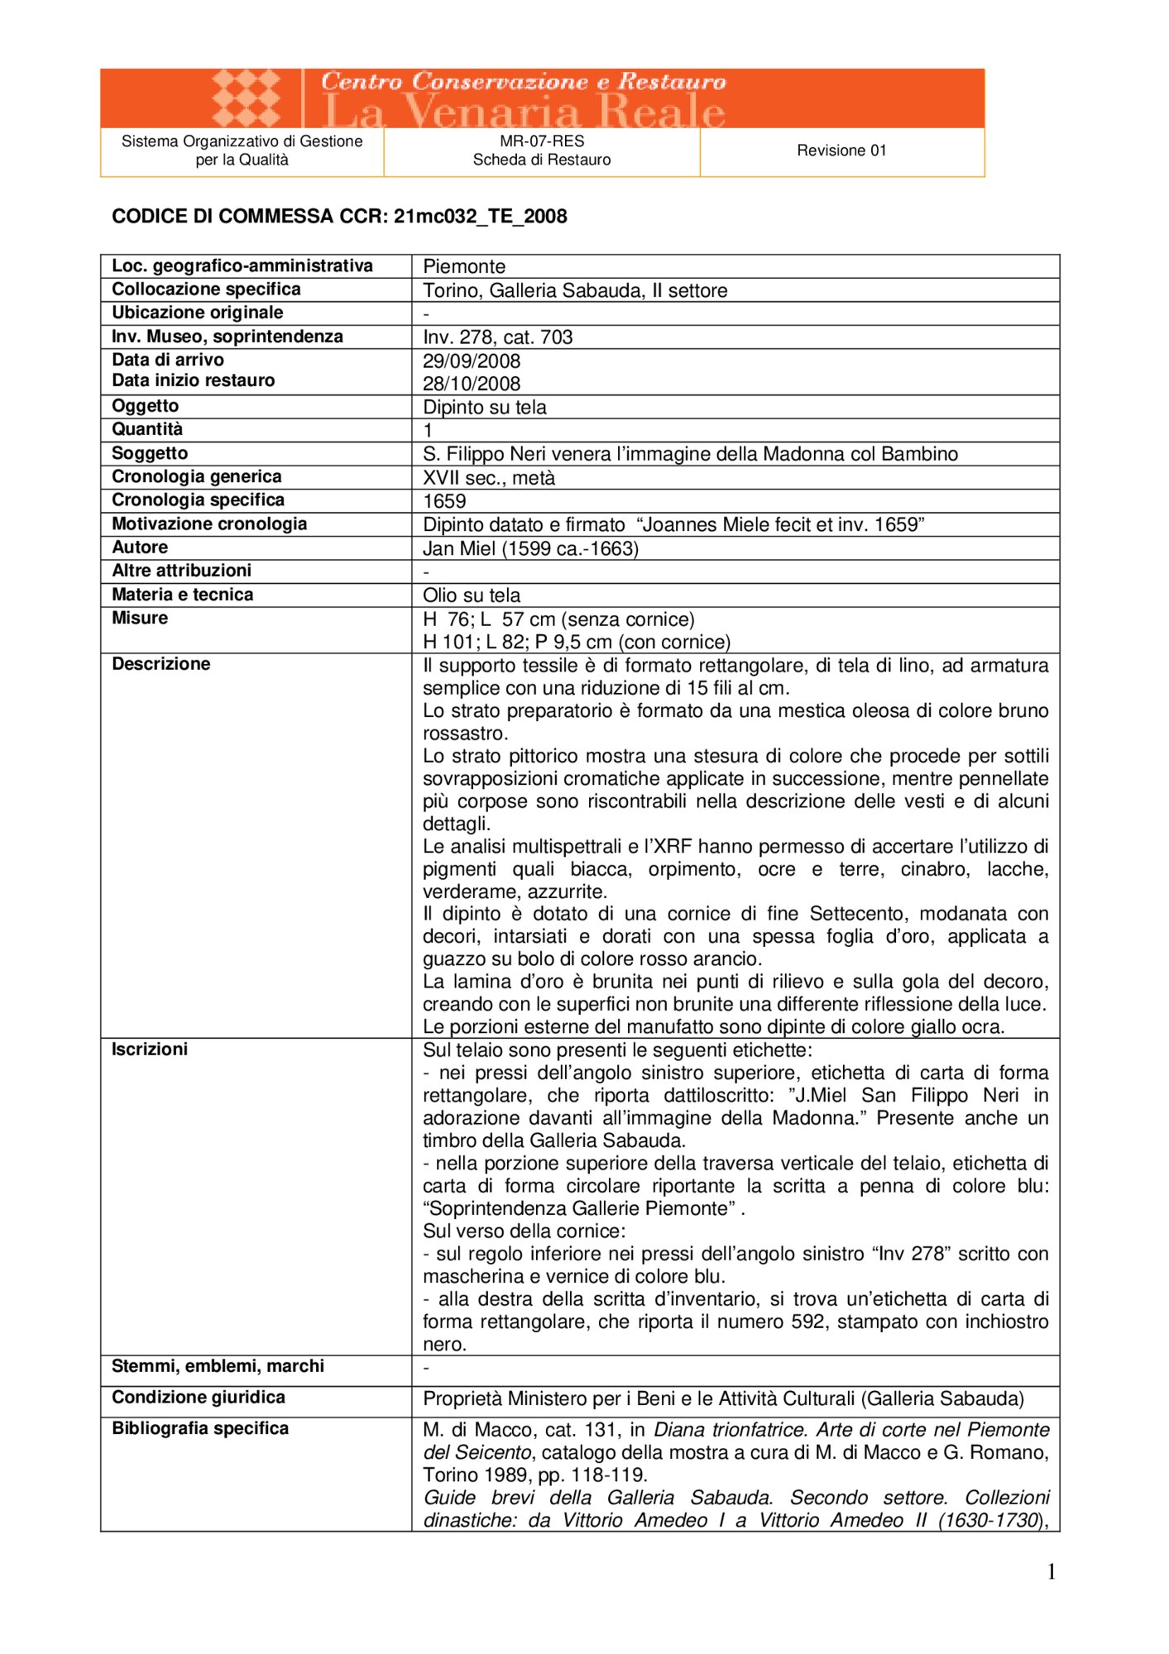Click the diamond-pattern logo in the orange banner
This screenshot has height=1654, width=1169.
(x=247, y=98)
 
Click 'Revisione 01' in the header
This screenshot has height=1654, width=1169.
(x=841, y=151)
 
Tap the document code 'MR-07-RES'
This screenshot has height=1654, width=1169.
(x=542, y=141)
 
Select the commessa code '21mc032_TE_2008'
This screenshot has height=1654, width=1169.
(x=480, y=217)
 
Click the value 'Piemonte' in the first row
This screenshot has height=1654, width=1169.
(x=464, y=266)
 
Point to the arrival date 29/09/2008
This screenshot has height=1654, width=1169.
(x=472, y=361)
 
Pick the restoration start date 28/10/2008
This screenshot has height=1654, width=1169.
(x=472, y=384)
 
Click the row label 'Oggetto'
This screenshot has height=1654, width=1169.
(x=146, y=406)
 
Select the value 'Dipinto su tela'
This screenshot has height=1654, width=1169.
(x=485, y=408)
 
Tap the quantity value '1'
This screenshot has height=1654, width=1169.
(x=428, y=430)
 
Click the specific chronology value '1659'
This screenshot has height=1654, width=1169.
(x=444, y=501)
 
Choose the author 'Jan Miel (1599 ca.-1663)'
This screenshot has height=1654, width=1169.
(x=530, y=548)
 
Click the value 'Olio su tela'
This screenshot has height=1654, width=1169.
(x=472, y=595)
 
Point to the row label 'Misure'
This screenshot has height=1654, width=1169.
(x=140, y=618)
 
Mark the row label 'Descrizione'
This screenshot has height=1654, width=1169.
(x=161, y=664)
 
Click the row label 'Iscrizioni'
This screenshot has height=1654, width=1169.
(x=150, y=1049)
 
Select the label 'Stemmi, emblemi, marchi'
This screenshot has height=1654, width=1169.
(x=218, y=1366)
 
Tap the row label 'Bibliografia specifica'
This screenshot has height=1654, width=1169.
(x=200, y=1428)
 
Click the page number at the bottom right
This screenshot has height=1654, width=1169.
(x=1052, y=1572)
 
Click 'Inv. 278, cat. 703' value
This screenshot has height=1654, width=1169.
(x=498, y=337)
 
